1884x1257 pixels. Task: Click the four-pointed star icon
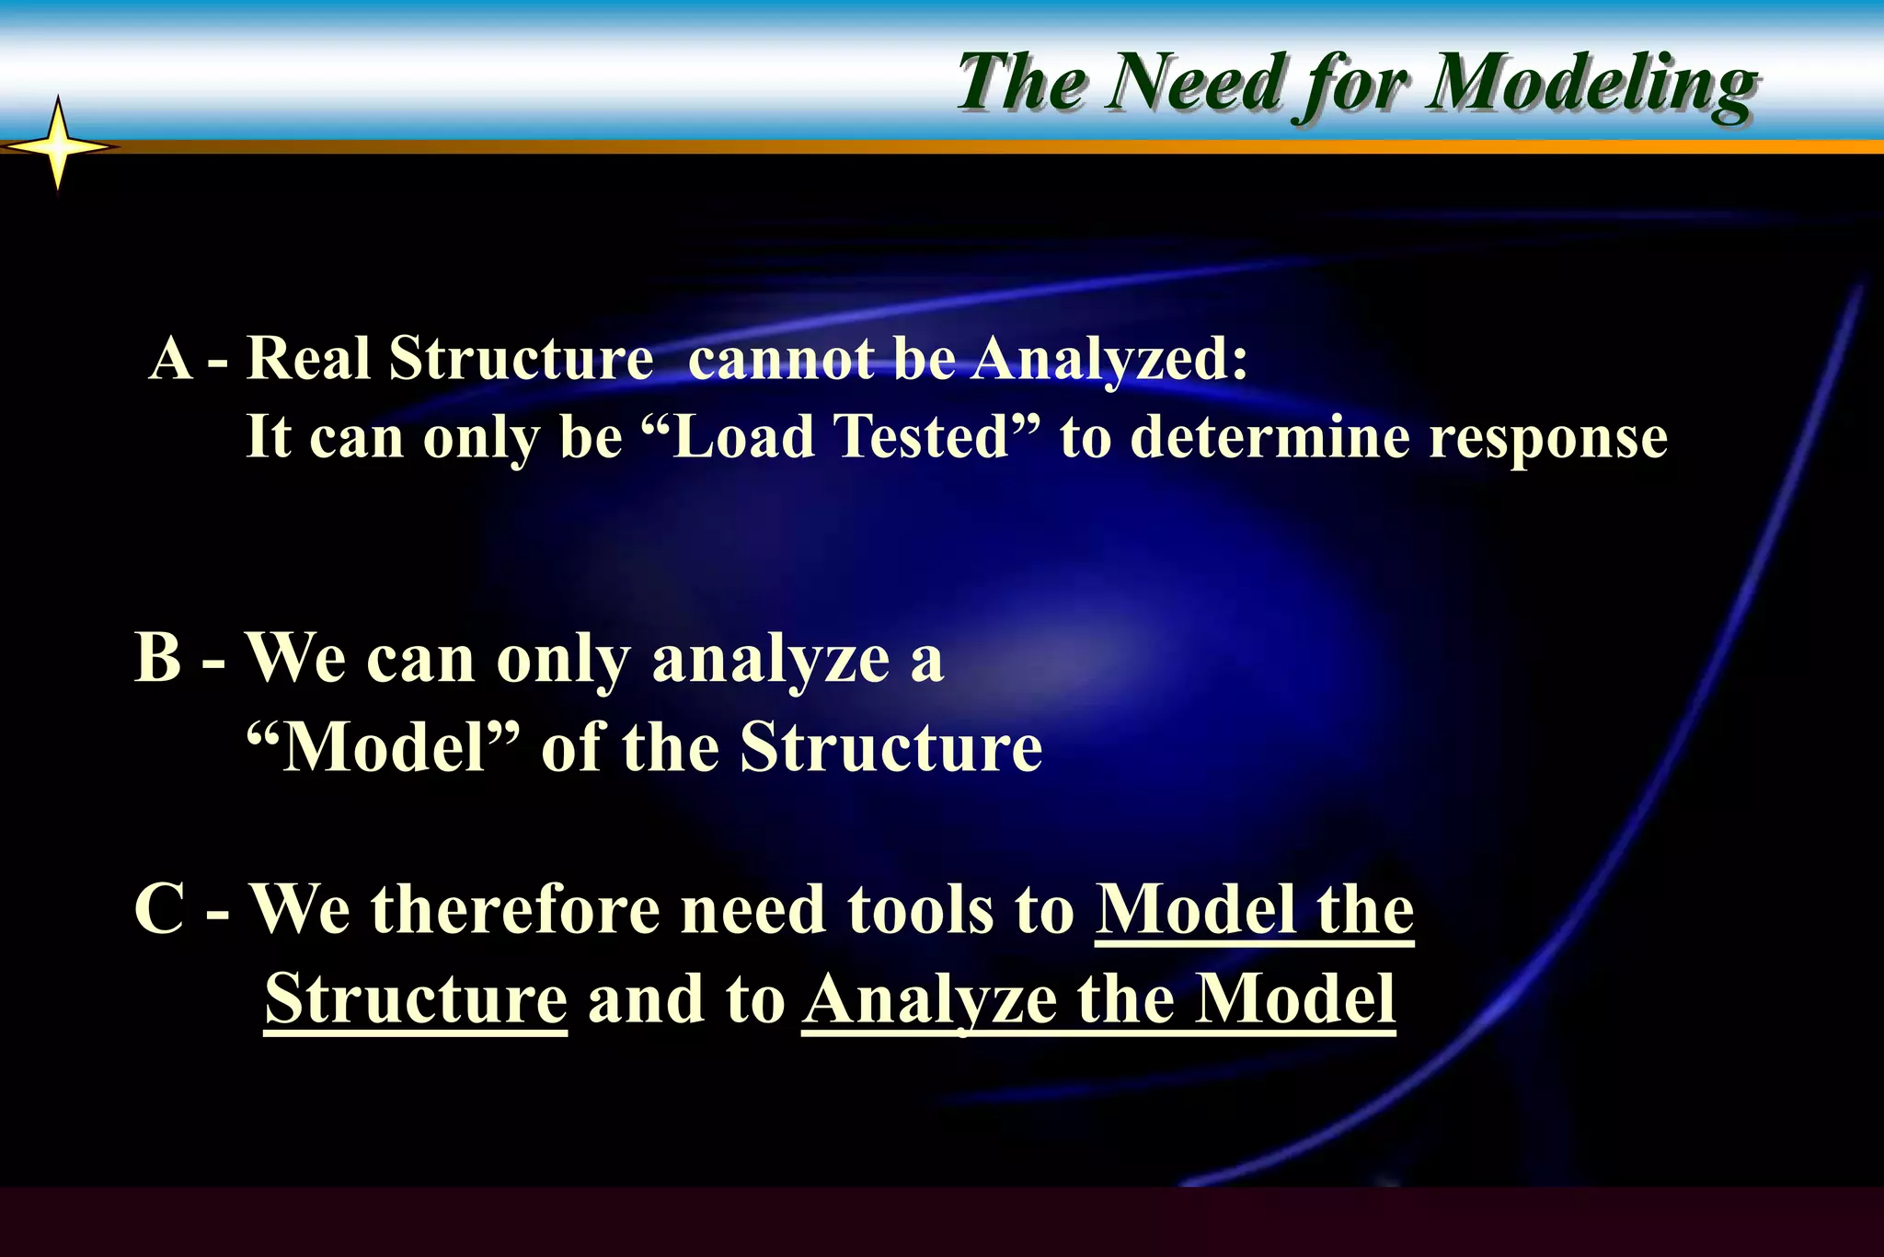[x=58, y=146]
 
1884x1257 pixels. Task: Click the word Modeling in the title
[x=1591, y=85]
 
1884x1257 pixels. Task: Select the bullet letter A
[x=171, y=357]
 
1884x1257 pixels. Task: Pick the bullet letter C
[x=159, y=909]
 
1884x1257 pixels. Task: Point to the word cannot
[x=781, y=357]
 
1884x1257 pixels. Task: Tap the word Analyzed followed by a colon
[x=1109, y=359]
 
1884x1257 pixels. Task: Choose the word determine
[x=1269, y=436]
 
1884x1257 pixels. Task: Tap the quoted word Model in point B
[x=383, y=746]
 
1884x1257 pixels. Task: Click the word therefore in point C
[x=516, y=909]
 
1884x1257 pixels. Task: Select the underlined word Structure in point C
[x=416, y=998]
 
